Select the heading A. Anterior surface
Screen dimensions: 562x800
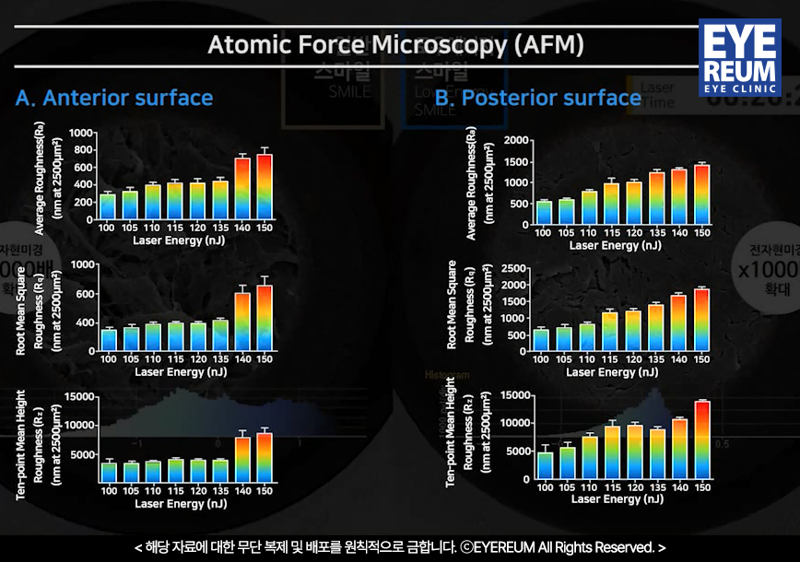coord(114,98)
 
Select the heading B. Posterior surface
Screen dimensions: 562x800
coord(538,98)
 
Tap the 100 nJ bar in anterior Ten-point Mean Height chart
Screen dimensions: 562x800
coord(108,472)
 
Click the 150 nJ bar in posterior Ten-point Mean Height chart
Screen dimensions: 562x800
coord(702,440)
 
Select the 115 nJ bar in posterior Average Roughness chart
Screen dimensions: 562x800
coord(611,204)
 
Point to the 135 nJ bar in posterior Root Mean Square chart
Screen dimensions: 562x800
coord(655,328)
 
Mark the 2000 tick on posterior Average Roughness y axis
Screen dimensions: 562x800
coord(516,141)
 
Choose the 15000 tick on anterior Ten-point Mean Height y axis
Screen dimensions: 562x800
coord(78,396)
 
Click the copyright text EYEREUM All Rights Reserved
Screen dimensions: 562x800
coord(562,547)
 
